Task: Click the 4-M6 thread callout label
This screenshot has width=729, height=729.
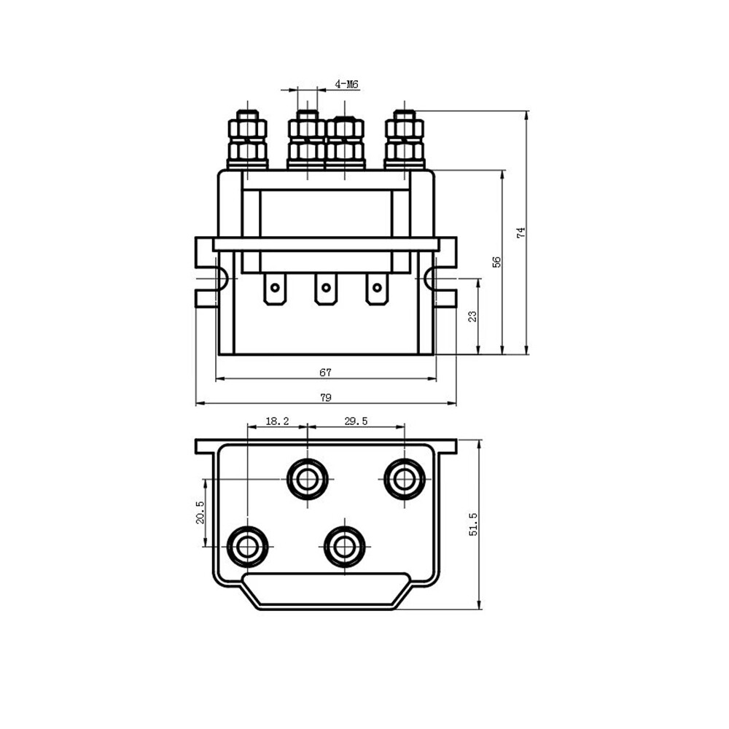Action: [x=347, y=85]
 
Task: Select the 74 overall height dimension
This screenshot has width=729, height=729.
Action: [x=520, y=233]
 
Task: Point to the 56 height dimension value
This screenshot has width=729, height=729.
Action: [x=496, y=262]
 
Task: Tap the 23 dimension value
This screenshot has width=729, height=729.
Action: [x=472, y=316]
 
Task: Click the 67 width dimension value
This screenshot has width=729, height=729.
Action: [x=325, y=373]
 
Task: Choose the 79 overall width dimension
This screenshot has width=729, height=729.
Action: [x=325, y=397]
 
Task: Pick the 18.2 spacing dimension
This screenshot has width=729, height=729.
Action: [x=277, y=421]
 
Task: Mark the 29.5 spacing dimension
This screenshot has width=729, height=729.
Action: [x=356, y=421]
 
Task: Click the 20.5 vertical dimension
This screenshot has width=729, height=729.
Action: [x=200, y=512]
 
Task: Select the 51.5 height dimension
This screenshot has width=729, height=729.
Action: [x=473, y=524]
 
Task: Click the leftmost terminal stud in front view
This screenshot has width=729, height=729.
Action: [x=248, y=139]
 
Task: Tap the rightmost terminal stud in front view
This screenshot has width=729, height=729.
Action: [x=405, y=139]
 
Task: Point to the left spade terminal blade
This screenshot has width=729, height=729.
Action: [x=275, y=289]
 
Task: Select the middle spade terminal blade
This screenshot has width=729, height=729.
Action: [x=325, y=289]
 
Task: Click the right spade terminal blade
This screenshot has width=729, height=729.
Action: [x=376, y=289]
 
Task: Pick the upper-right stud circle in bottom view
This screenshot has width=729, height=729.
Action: [x=405, y=479]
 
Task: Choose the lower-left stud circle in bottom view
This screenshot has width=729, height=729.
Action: [x=248, y=546]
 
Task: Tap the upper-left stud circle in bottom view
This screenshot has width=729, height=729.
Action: [x=308, y=479]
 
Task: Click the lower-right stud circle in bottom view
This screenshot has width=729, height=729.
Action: [x=345, y=546]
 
